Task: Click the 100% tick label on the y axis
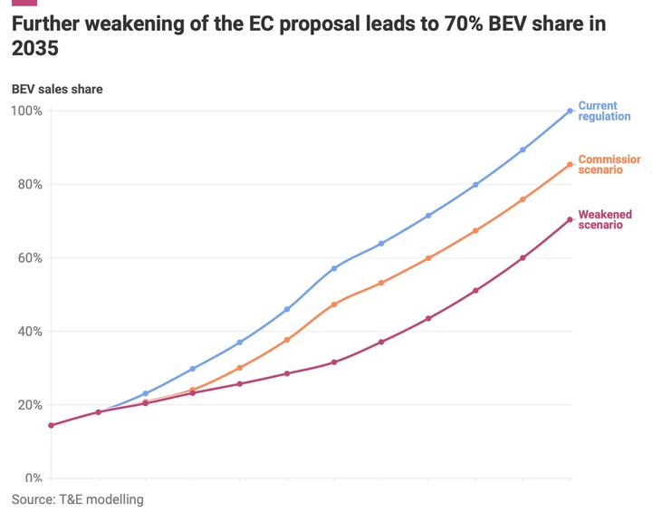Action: click(x=26, y=111)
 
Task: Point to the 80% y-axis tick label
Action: click(x=28, y=184)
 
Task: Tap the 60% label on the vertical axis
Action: click(x=28, y=257)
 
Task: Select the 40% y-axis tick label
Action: click(x=28, y=331)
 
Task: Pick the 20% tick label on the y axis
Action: click(x=28, y=404)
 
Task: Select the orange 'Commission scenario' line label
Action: click(x=609, y=165)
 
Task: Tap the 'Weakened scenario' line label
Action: click(x=605, y=219)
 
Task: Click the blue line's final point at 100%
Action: click(x=570, y=111)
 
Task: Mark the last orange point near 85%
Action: click(x=570, y=165)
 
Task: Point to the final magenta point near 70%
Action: click(x=570, y=219)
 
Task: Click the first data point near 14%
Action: click(x=51, y=425)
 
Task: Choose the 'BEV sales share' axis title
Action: click(x=57, y=89)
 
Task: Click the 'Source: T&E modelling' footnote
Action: click(x=77, y=499)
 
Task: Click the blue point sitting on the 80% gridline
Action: click(x=475, y=185)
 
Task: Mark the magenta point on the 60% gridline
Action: click(x=523, y=258)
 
